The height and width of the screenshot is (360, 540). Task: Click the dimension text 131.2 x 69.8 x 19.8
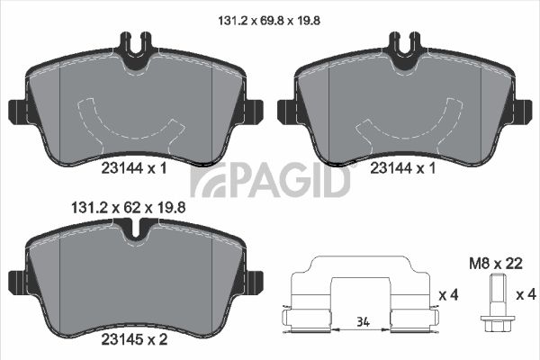(x=269, y=21)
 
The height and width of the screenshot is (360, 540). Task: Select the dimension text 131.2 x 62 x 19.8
(x=128, y=208)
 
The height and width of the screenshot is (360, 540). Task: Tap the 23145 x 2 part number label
(x=134, y=339)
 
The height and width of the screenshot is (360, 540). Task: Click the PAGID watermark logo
(x=270, y=180)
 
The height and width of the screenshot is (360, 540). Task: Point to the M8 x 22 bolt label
(x=496, y=264)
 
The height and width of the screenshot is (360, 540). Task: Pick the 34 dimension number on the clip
(x=363, y=322)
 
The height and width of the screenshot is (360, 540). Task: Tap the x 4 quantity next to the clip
(x=448, y=295)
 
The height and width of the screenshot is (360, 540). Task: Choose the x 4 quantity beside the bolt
(x=526, y=294)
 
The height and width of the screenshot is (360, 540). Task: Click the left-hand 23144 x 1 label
(x=134, y=168)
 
